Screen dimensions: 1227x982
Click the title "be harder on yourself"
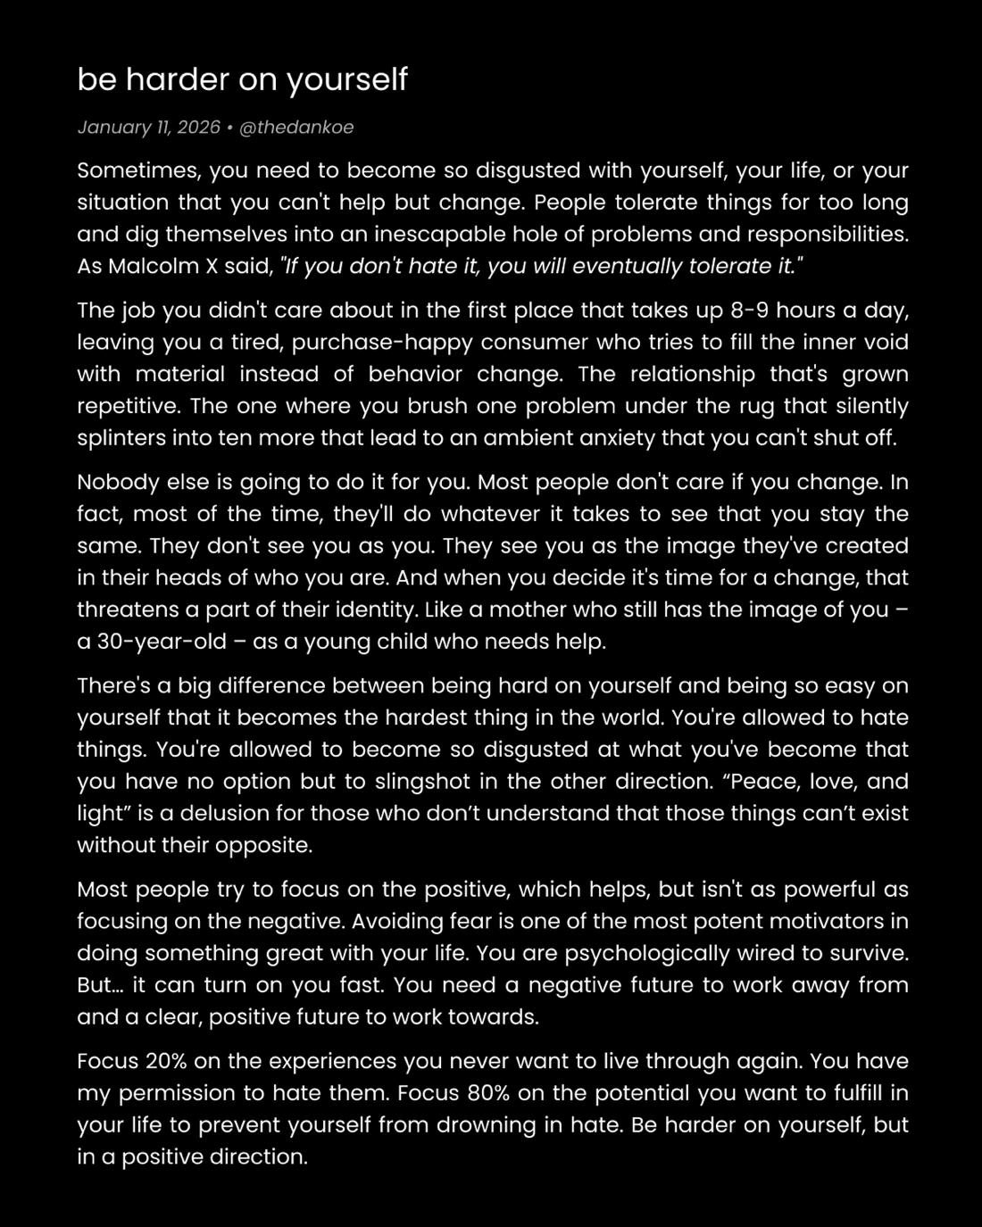point(242,79)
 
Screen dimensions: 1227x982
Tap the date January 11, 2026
point(148,127)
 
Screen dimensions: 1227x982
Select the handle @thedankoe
point(297,127)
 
